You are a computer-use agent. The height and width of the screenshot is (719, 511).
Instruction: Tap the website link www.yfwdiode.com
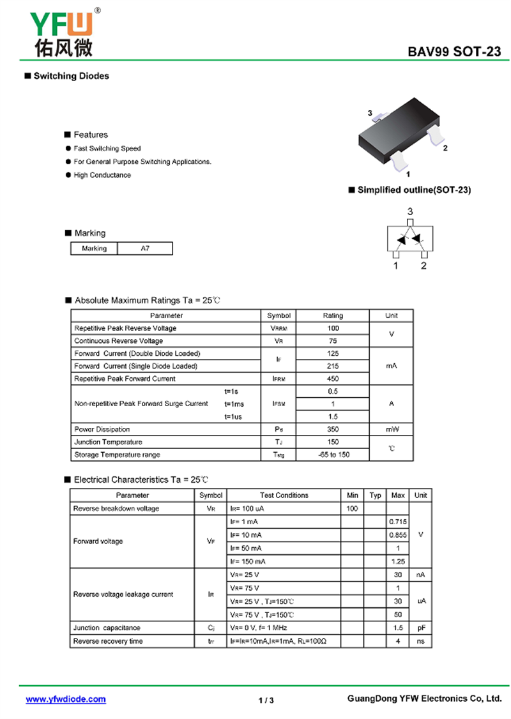pos(66,699)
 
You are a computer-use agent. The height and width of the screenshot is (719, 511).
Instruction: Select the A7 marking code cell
pos(145,248)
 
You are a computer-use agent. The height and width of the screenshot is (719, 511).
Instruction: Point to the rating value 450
pos(333,379)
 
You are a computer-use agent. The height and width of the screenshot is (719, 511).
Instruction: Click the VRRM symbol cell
pos(279,328)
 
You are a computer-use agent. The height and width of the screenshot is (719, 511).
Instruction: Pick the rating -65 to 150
pos(333,455)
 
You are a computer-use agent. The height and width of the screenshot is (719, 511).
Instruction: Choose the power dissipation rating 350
pos(333,430)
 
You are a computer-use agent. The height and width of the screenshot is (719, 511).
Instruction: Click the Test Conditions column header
pos(284,496)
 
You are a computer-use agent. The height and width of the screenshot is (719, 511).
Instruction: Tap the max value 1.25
pos(398,561)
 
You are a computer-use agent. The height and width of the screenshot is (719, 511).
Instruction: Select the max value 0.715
pos(398,522)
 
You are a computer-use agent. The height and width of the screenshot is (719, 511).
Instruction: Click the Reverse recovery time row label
pos(108,641)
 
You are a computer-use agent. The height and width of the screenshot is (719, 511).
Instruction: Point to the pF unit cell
pos(421,628)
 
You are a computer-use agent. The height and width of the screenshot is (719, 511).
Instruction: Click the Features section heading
pos(91,135)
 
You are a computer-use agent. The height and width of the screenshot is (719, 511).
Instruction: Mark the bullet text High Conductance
pos(102,175)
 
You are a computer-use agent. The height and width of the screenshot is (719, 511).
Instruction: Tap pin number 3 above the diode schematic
pos(410,211)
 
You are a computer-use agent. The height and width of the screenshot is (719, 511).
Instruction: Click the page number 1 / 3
pos(266,700)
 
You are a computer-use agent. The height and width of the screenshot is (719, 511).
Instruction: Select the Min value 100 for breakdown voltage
pos(352,509)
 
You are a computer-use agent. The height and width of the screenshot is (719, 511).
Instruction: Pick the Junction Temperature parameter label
pos(108,442)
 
